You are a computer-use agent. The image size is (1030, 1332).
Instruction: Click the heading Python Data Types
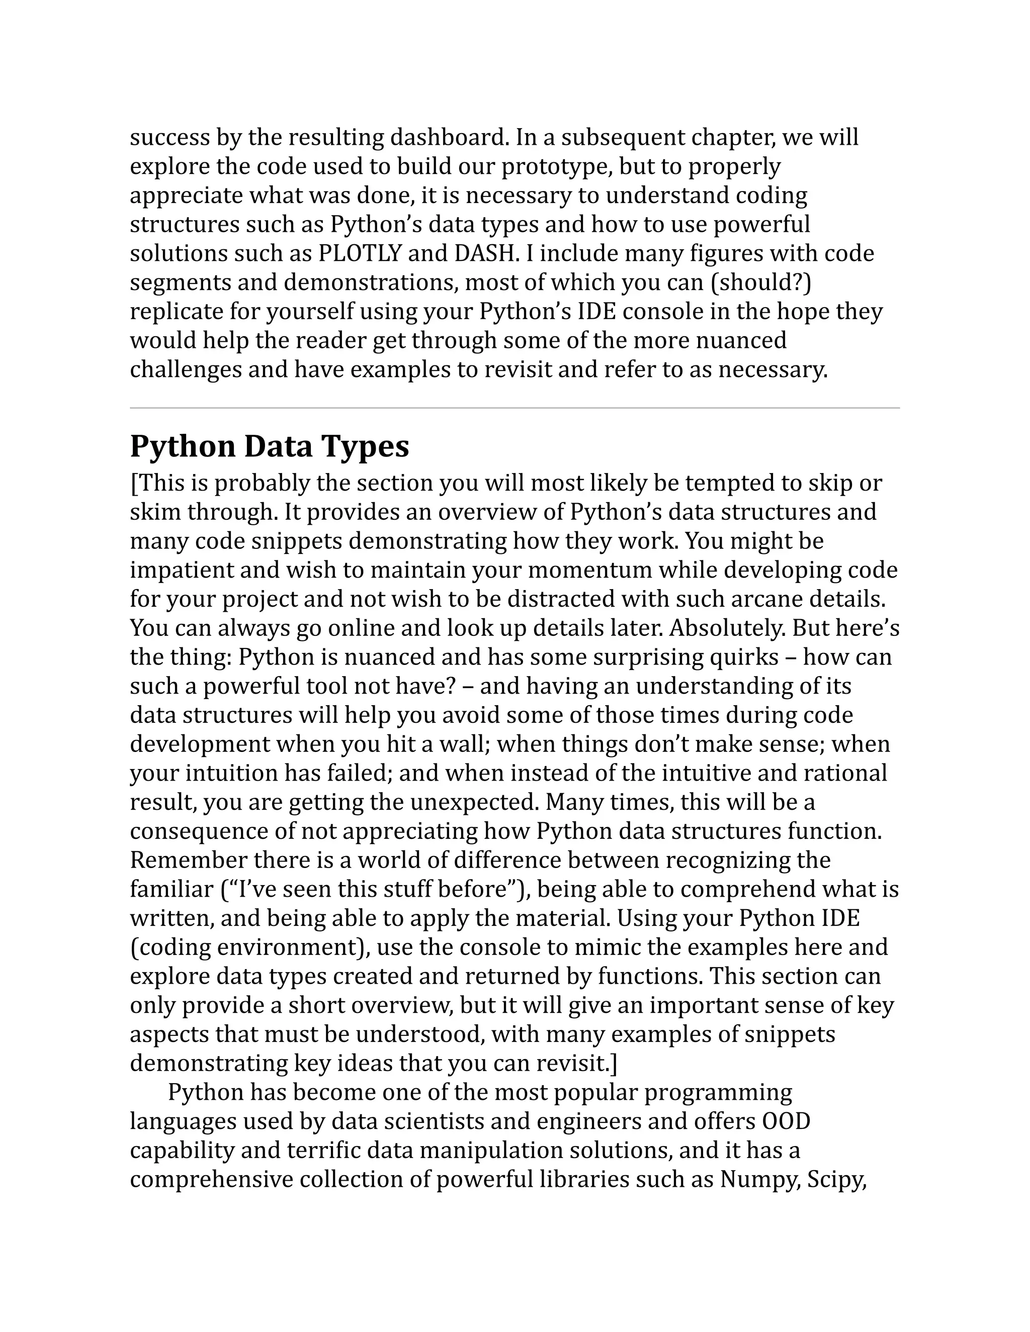[x=269, y=446]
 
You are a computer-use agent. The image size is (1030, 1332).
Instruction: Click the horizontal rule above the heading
[x=514, y=408]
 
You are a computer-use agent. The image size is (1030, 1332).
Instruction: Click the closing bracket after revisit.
[x=614, y=1063]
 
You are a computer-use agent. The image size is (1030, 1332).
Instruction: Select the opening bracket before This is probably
[x=134, y=483]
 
